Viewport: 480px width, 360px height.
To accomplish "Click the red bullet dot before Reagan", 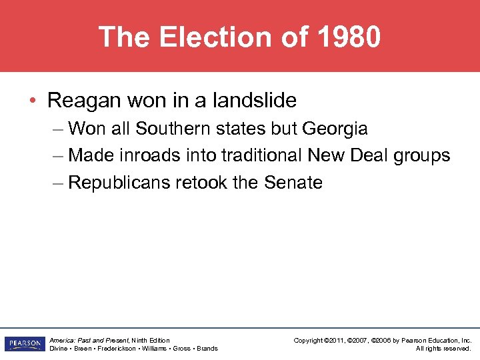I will point(33,101).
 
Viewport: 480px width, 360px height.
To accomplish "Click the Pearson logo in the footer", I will point(23,344).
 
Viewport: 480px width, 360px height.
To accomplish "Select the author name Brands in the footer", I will point(207,349).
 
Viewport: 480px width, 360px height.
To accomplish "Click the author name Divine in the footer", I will point(59,349).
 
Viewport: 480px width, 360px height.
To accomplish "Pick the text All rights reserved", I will point(443,349).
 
